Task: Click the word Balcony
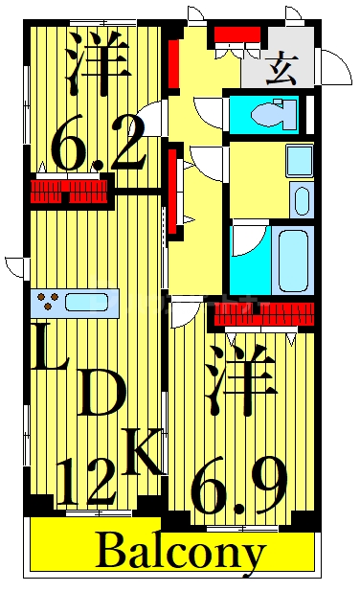(180, 552)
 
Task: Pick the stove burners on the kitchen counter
(45, 303)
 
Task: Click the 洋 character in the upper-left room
(98, 59)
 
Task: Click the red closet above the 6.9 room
(264, 313)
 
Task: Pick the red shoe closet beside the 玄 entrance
(236, 36)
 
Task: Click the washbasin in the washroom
(299, 160)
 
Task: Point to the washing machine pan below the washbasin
(300, 200)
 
